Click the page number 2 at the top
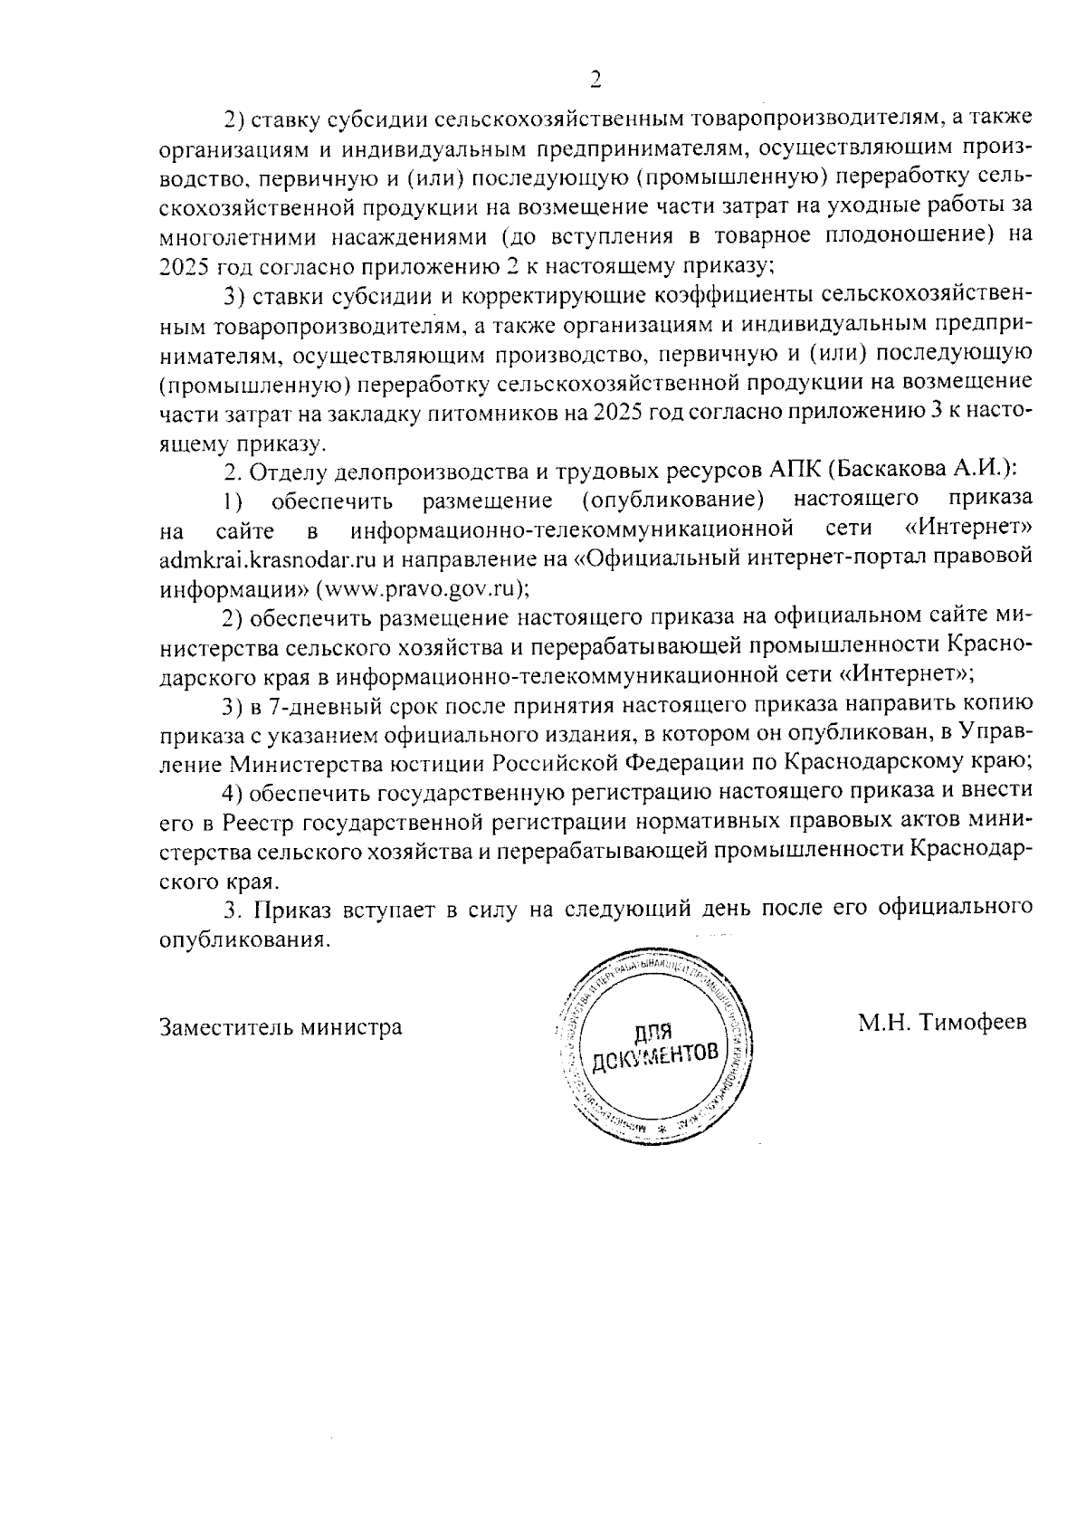click(x=595, y=80)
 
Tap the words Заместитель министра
click(x=281, y=1027)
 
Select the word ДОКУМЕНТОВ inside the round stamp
click(x=658, y=1054)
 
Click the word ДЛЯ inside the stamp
click(x=653, y=1031)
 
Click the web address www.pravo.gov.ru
click(x=419, y=587)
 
